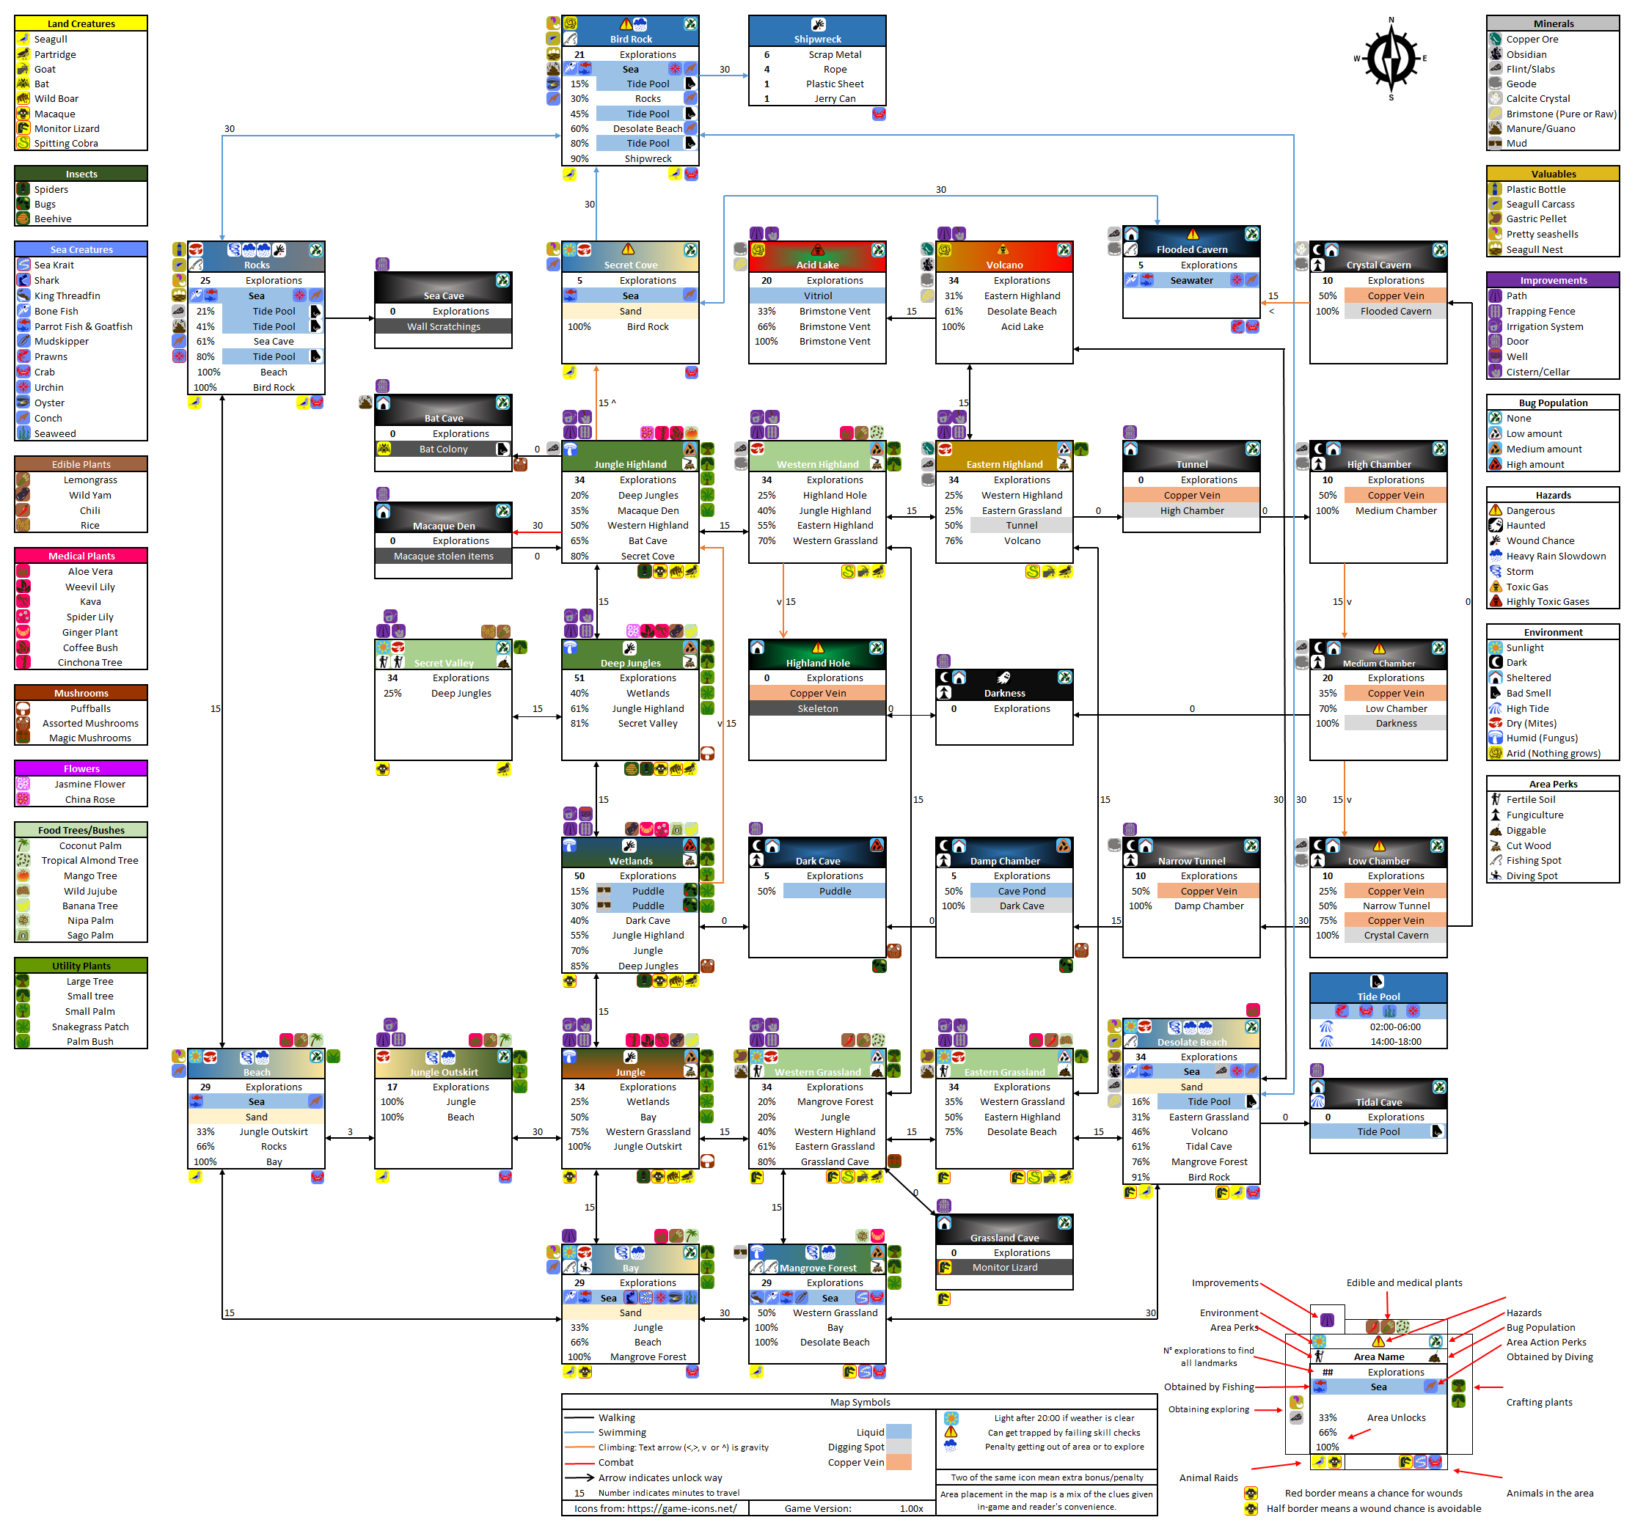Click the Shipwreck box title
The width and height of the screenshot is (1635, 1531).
(816, 39)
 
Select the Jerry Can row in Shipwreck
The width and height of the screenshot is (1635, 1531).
(834, 99)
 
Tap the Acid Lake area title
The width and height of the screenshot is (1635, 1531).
(816, 265)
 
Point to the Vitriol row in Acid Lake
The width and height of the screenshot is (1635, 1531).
(817, 296)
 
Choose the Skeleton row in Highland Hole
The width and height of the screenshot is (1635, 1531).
(817, 709)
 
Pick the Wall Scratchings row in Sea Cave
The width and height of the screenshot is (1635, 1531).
(443, 326)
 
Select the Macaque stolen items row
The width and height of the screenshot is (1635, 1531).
(443, 556)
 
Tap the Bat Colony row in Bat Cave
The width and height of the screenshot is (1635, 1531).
(443, 449)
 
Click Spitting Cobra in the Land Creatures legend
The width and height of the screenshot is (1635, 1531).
(66, 143)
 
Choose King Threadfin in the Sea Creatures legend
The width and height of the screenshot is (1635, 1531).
(67, 296)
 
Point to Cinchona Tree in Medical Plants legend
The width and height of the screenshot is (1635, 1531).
(89, 663)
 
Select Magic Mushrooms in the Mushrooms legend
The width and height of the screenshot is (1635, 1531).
(89, 738)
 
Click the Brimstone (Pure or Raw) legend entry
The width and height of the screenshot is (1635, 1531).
(1560, 114)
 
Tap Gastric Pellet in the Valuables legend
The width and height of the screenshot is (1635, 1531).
(1535, 219)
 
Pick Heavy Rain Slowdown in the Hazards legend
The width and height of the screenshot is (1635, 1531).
(1555, 556)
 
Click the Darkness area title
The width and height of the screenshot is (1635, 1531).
(1004, 693)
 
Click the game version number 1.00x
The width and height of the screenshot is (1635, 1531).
(910, 1508)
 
